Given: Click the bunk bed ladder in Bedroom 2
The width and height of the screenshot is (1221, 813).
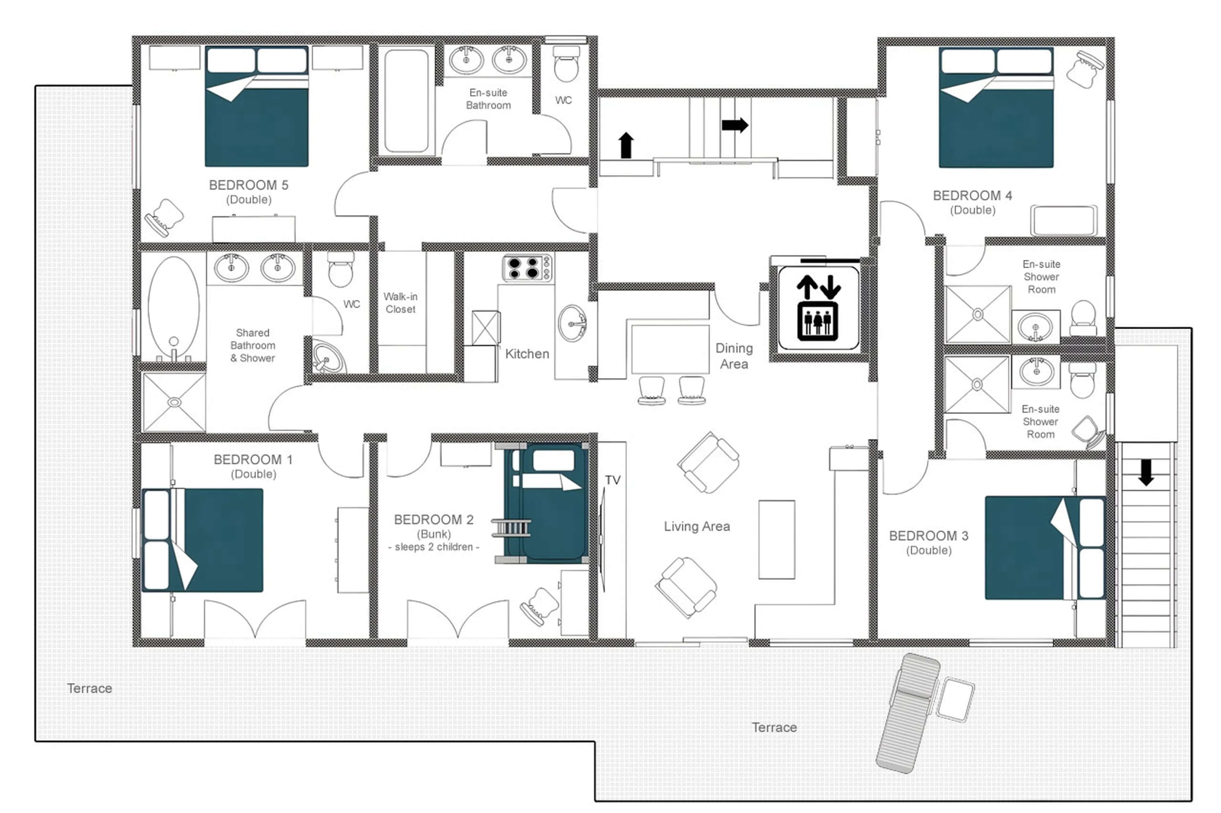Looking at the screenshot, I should point(511,528).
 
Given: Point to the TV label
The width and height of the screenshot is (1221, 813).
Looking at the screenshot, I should point(612,480).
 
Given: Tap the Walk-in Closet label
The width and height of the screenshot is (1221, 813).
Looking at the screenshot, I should point(400,303).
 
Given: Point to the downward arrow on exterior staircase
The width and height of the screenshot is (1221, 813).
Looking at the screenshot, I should point(1146,472).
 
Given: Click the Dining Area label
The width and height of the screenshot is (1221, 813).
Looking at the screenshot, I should point(734,356).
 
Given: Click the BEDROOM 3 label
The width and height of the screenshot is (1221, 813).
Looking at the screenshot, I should point(928,536).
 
